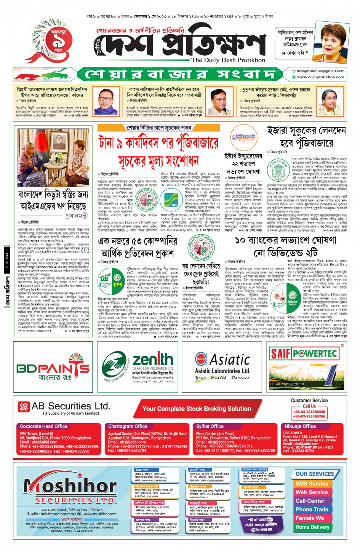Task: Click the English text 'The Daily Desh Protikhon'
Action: (x=228, y=60)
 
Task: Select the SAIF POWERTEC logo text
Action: (x=304, y=353)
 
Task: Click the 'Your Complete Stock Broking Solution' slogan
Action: (x=197, y=409)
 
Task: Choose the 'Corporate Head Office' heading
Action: (x=43, y=427)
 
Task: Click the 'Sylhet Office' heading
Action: (x=210, y=427)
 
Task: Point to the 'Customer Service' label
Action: (x=309, y=401)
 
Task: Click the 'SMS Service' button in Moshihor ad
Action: (x=312, y=484)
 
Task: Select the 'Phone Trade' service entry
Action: (x=312, y=510)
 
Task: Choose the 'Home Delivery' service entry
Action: (x=312, y=527)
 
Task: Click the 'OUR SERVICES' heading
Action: (x=315, y=474)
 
